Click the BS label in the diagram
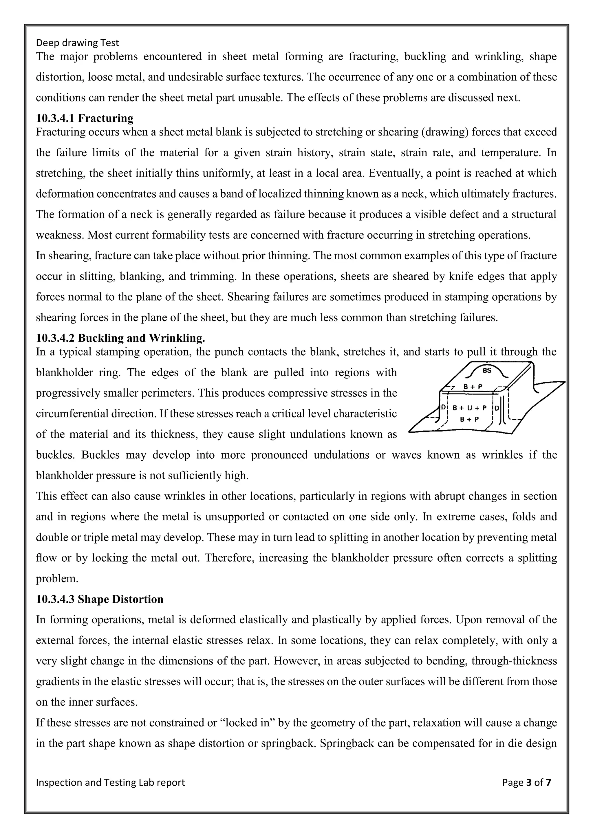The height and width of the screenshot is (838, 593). (x=487, y=371)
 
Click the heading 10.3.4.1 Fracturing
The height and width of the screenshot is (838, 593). (x=85, y=118)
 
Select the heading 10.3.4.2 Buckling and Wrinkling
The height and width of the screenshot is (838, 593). (x=120, y=338)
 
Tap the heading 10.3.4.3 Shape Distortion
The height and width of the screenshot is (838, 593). (x=100, y=599)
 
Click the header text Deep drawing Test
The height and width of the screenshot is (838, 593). (x=77, y=43)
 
